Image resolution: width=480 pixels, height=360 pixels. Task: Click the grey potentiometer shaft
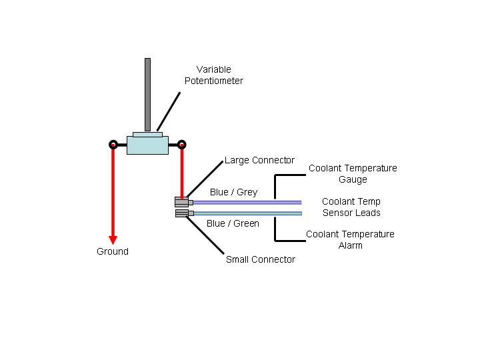147,95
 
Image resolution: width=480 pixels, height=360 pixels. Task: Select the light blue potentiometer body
147,145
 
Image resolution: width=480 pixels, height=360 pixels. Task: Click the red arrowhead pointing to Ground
113,240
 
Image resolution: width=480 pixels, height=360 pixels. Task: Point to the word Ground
113,251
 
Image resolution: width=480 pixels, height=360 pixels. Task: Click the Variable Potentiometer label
214,75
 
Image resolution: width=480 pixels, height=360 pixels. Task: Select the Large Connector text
259,160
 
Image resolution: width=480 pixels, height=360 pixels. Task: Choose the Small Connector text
261,259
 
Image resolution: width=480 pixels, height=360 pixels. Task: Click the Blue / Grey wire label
233,192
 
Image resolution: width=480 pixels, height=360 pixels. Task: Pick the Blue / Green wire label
233,223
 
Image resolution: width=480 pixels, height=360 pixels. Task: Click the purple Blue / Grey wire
247,203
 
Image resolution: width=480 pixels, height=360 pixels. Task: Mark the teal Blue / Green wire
248,213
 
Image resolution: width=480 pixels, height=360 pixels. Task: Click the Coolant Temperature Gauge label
353,173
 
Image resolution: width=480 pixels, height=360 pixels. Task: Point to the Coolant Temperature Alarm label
350,240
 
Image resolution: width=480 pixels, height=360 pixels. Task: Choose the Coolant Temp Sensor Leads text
351,207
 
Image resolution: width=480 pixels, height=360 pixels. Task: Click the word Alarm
351,245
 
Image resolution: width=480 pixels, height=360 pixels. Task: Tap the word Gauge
353,179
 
